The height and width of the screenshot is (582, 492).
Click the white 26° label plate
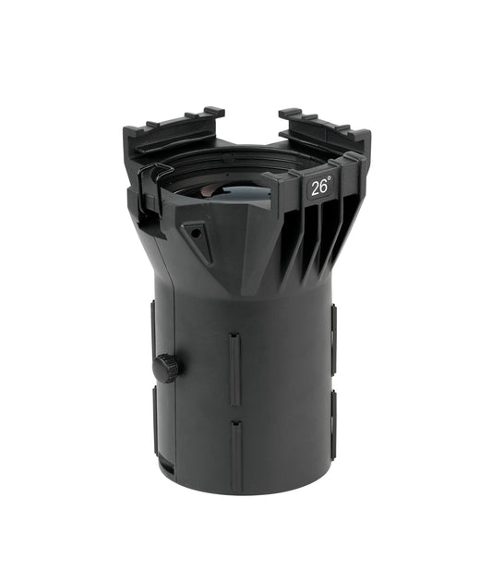point(320,187)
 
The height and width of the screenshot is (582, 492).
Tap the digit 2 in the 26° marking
point(315,188)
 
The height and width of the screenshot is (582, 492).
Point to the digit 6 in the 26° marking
point(324,187)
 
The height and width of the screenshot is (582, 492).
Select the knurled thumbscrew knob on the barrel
point(166,367)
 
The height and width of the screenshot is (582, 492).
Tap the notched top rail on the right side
point(323,127)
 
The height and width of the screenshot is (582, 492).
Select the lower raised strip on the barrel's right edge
point(332,428)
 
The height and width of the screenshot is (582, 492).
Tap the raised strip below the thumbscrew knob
point(155,420)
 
